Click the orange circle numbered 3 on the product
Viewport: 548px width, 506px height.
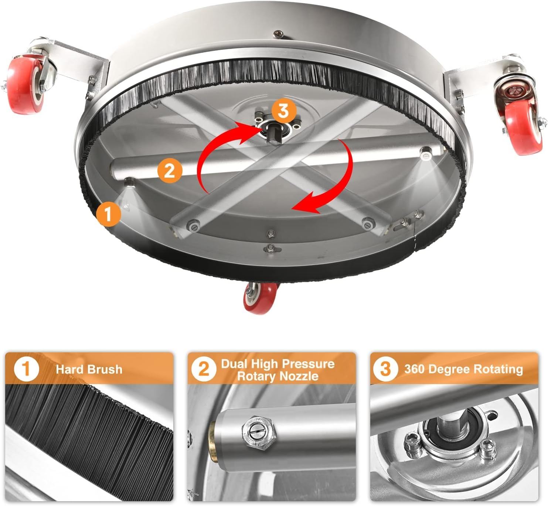pyautogui.click(x=284, y=111)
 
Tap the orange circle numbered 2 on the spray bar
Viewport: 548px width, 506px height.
pyautogui.click(x=170, y=171)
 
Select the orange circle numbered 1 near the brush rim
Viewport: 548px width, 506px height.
pyautogui.click(x=109, y=214)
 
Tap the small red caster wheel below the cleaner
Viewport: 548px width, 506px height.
pyautogui.click(x=260, y=298)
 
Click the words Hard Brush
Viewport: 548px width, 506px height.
pyautogui.click(x=89, y=369)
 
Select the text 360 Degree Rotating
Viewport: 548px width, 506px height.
pyautogui.click(x=463, y=369)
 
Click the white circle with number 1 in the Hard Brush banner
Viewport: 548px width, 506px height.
pyautogui.click(x=27, y=369)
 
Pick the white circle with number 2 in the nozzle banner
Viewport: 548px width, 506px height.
pyautogui.click(x=204, y=369)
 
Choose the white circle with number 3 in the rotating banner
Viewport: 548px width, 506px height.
pyautogui.click(x=385, y=369)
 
